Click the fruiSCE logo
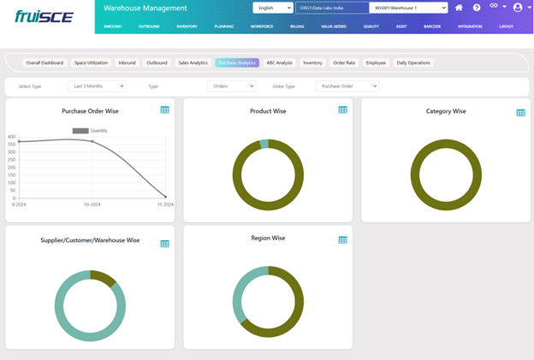click(44, 15)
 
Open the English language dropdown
click(273, 8)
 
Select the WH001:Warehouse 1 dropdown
click(408, 8)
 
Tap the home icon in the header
click(459, 8)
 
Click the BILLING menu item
click(297, 27)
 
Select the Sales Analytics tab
click(193, 62)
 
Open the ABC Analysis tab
click(279, 62)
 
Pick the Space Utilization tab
click(92, 62)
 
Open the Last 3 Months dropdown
click(97, 86)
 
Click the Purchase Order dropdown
click(347, 86)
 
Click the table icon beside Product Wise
click(342, 109)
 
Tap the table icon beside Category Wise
click(520, 112)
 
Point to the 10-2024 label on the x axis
click(92, 205)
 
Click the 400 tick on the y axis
click(12, 137)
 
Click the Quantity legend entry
click(90, 131)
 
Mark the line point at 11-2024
click(165, 197)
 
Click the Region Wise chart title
click(268, 238)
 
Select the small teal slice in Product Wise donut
click(264, 144)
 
